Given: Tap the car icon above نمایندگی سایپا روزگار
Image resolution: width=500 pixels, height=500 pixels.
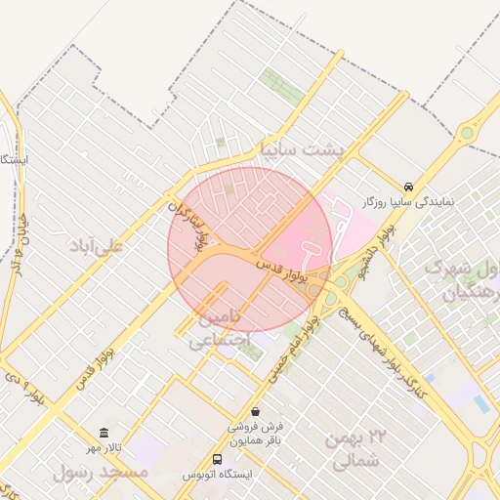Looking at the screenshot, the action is (407, 187).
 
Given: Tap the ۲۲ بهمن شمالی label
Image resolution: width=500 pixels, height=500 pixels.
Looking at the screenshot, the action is (366, 450).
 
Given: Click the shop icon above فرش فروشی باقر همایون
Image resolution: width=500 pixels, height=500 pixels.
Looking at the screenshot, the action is (255, 412).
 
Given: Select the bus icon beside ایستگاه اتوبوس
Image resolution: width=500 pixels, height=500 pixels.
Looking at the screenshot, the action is (217, 459).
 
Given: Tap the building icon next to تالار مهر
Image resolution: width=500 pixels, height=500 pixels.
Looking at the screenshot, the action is (104, 433).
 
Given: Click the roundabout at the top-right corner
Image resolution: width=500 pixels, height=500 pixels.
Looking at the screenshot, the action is (467, 132).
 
